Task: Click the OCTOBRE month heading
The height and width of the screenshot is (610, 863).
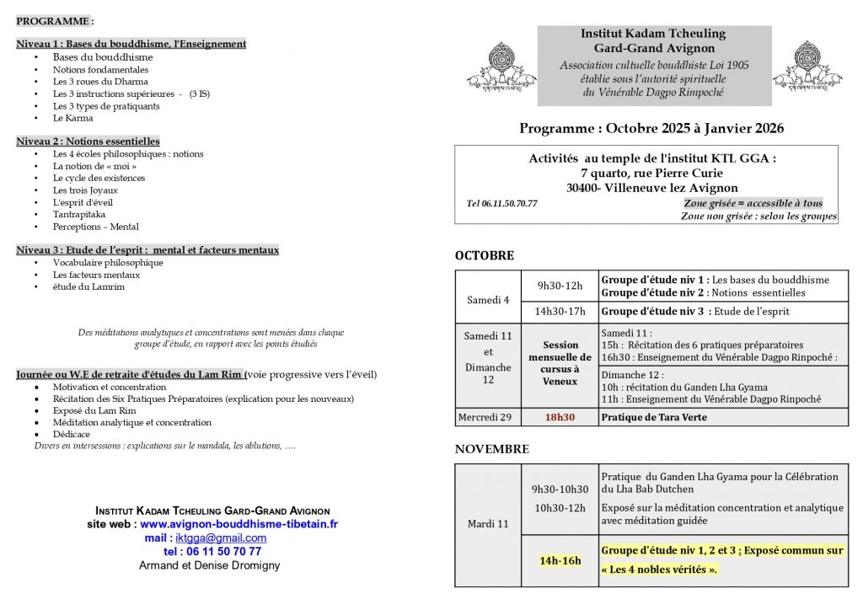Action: coord(484,256)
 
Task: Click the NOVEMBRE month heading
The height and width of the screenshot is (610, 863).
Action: coord(491,450)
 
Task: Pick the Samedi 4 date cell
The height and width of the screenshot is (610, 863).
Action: coord(488,301)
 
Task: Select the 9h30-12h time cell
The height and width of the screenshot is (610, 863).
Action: coord(560,286)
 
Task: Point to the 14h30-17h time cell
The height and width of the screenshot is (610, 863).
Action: coord(560,312)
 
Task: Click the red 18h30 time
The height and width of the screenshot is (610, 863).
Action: coord(560,417)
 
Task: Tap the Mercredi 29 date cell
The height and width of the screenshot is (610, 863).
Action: coord(488,417)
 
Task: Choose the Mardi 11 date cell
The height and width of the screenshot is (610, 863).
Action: coord(488,524)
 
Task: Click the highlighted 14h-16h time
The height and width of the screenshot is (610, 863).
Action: coord(560,560)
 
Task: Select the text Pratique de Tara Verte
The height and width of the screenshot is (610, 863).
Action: coord(654,417)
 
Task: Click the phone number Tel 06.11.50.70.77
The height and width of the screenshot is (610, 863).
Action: coord(501,204)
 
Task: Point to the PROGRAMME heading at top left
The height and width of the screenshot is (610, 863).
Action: coord(55,20)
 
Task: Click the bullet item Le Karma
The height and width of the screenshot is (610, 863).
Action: coord(72,118)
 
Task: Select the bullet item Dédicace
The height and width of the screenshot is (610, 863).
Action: coord(73,435)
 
